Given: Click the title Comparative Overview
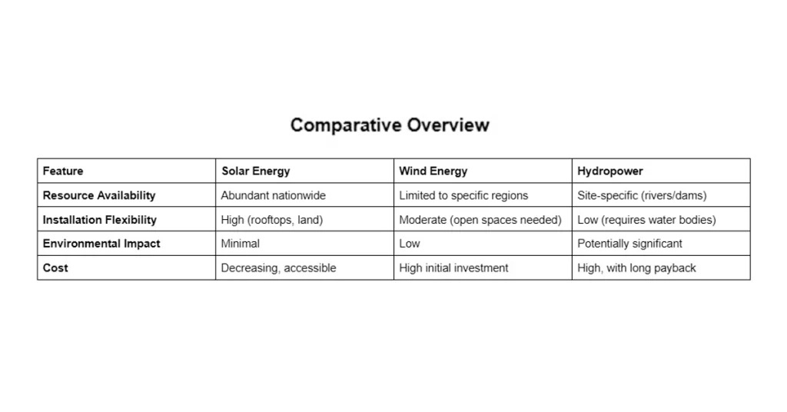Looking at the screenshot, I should coord(390,125).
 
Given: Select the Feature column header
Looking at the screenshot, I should coord(63,171).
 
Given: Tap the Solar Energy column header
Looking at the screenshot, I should coord(255,171).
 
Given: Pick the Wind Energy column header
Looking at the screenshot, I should coord(433,171).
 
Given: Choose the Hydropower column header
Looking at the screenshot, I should coord(609,171).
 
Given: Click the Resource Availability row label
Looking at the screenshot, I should coord(98,195).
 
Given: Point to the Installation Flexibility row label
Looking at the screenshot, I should coord(99,220).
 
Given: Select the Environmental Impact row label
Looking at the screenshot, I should coord(101,244).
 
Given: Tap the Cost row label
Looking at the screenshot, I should coord(55,268).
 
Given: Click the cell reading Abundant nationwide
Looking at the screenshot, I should coord(273,195).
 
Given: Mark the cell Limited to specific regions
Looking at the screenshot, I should coord(463,195).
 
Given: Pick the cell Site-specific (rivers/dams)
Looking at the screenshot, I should coord(642,195).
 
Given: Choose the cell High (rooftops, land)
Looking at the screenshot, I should coord(271,220).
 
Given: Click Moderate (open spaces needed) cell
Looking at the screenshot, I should coord(480,220).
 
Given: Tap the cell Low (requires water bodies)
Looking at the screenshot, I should coord(646,220).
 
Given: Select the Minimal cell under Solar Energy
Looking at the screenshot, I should coord(240,244).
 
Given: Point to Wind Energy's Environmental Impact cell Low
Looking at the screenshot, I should coord(410,244).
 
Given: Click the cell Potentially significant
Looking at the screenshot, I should coord(629,244).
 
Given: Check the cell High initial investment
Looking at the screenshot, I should coord(453,268).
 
